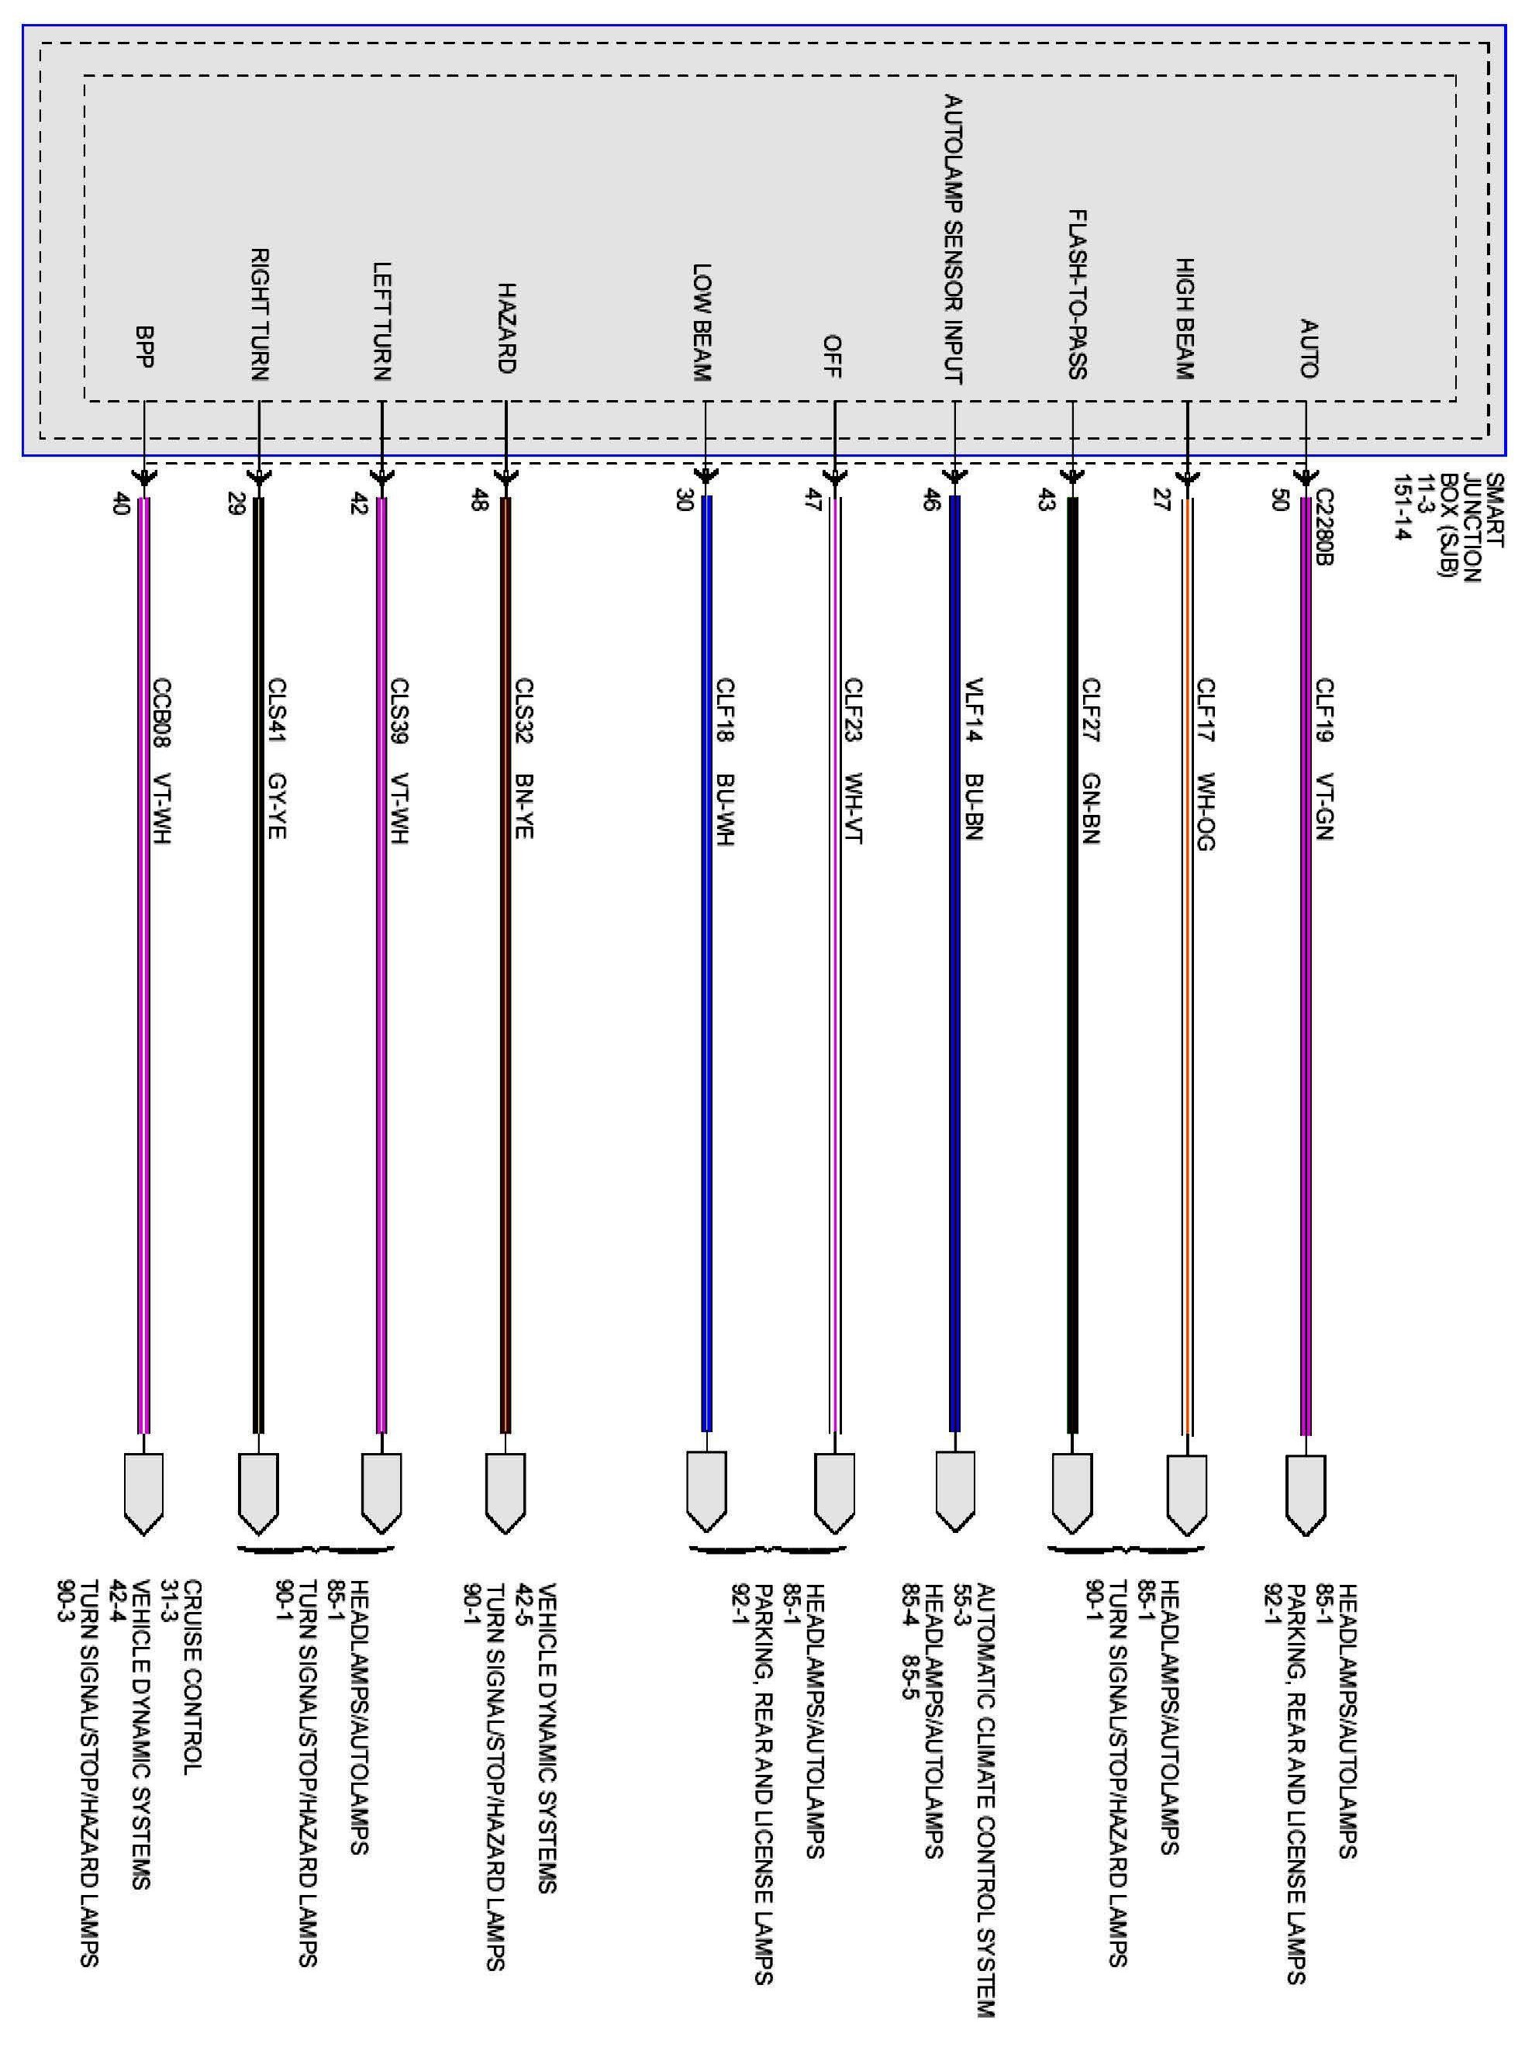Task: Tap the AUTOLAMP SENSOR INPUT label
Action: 953,239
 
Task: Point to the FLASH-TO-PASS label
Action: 1076,295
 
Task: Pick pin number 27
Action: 1162,499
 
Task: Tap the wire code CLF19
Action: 1325,711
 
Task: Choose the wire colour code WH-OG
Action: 1206,812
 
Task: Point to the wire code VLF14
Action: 973,711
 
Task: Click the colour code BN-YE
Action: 523,806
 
